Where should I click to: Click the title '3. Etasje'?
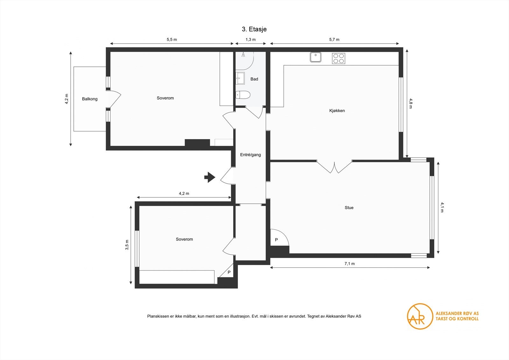coord(254,29)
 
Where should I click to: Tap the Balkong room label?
coord(90,99)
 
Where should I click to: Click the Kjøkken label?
coord(337,111)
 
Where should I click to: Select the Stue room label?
coord(349,208)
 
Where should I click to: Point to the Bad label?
coord(254,79)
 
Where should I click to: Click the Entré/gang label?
coord(250,155)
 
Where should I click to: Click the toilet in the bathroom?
coord(243,95)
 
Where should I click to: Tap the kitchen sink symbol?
coord(316,57)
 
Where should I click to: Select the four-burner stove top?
coord(338,59)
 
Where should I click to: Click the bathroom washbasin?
coord(240,78)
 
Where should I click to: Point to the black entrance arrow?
coord(210,177)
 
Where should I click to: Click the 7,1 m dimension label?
coord(350,264)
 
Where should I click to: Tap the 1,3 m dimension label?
coord(250,39)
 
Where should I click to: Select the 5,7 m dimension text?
coord(334,39)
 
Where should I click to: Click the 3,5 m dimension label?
coord(127,245)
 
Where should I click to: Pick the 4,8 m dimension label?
coord(410,103)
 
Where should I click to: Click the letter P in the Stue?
coord(276,240)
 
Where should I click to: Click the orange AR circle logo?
coord(420,316)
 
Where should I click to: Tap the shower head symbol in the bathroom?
coord(243,54)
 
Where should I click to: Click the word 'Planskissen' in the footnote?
coord(158,316)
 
